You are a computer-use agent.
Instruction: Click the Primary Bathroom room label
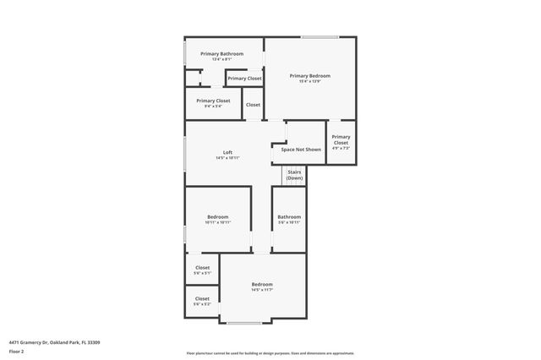point(221,54)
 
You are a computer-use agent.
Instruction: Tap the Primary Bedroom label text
point(309,76)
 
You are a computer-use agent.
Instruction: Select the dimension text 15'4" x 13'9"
point(309,82)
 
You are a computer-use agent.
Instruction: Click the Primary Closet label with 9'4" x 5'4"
point(213,101)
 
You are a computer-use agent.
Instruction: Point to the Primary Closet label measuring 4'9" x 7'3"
point(341,139)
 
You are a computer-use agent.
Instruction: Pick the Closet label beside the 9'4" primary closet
point(253,105)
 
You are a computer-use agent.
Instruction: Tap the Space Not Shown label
point(301,150)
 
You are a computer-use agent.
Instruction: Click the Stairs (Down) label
point(294,175)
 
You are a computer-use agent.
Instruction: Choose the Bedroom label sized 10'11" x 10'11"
point(217,217)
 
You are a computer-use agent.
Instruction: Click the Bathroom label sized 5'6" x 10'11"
point(289,217)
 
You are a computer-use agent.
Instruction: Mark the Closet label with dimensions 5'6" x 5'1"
point(202,268)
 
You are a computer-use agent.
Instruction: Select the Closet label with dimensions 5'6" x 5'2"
point(202,298)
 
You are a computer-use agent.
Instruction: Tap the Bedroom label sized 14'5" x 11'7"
point(262,285)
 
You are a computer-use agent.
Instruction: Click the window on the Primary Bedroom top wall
point(320,37)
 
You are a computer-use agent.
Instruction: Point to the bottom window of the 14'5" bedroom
point(244,323)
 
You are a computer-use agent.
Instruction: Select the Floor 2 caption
point(17,351)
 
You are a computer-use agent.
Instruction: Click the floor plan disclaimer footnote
point(270,353)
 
